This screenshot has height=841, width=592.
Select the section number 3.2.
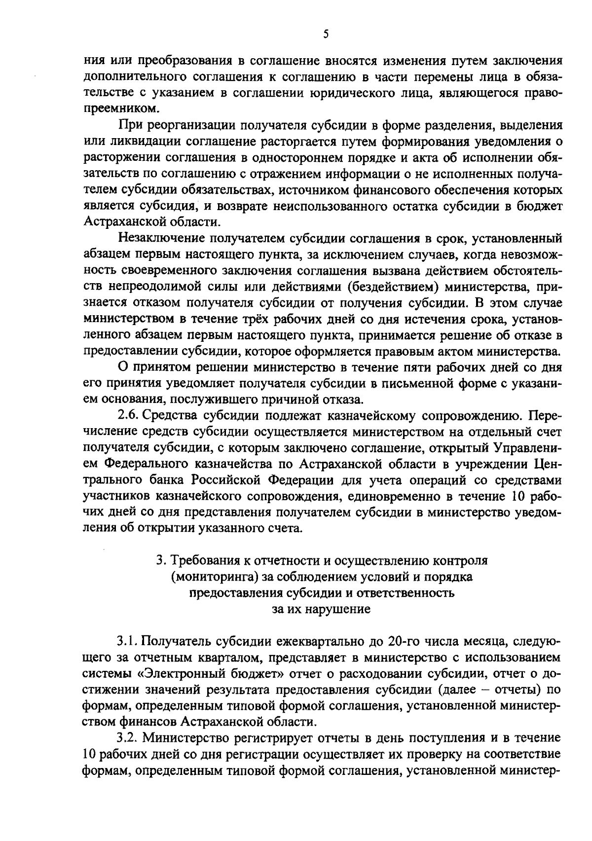coord(128,738)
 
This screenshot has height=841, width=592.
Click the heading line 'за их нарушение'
coord(321,609)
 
